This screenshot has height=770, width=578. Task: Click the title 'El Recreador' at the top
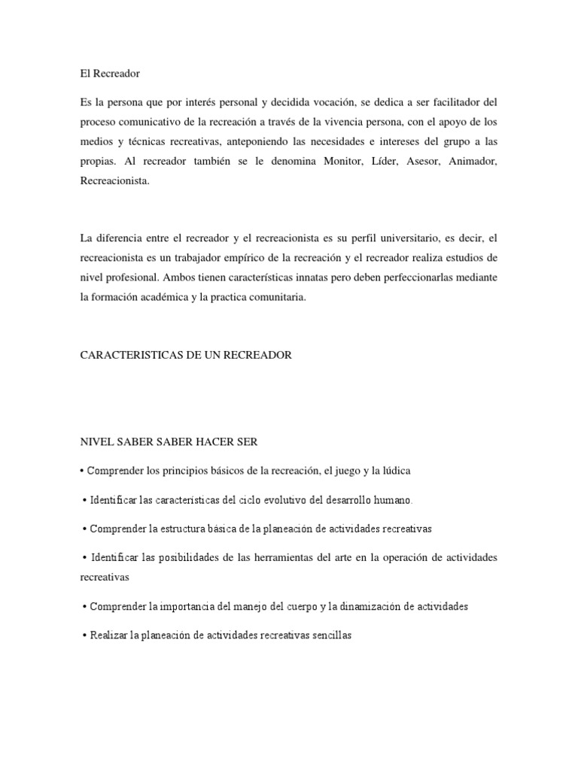click(x=110, y=74)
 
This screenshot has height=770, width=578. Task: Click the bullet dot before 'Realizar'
click(x=84, y=636)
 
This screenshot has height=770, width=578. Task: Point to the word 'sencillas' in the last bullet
click(x=327, y=636)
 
